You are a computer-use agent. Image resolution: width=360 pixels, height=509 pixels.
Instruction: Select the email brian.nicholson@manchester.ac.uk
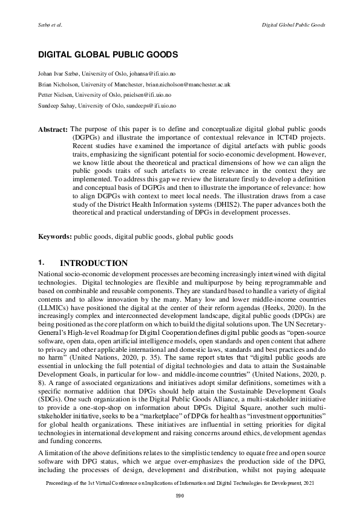point(188,85)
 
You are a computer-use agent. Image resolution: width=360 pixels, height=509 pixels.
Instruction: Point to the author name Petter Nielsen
point(57,95)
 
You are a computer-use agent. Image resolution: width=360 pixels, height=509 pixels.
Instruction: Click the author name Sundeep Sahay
point(59,105)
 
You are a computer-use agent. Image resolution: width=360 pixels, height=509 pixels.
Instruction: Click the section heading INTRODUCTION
point(94,264)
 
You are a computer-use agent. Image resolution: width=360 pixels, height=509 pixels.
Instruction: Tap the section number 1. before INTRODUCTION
point(41,264)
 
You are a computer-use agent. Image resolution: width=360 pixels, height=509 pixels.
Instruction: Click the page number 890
point(180,496)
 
